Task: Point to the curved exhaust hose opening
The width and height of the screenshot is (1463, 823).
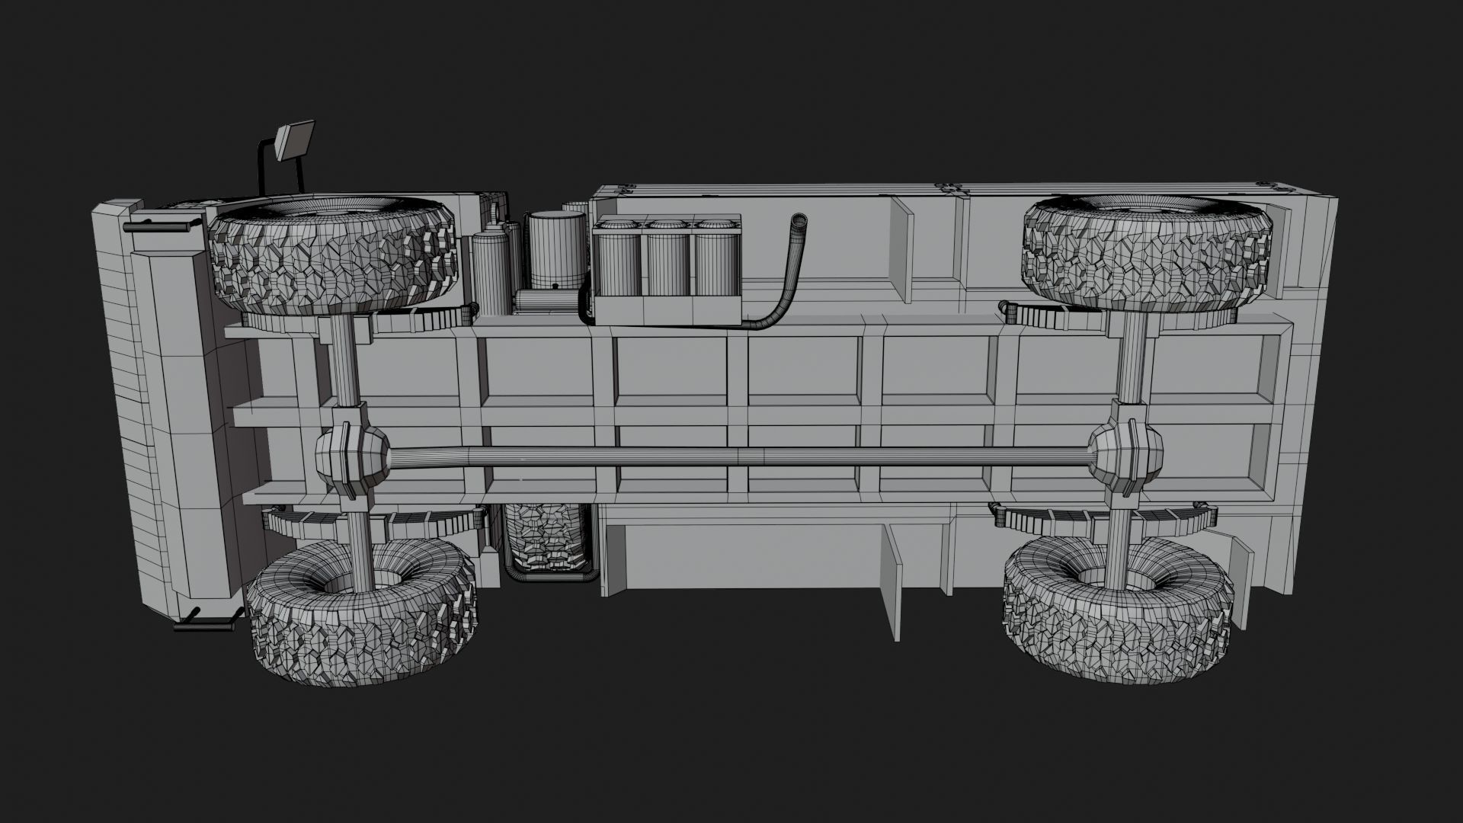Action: (x=799, y=221)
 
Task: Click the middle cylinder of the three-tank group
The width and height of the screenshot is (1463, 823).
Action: (x=668, y=259)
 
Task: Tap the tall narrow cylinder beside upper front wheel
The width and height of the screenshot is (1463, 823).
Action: (x=491, y=274)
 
